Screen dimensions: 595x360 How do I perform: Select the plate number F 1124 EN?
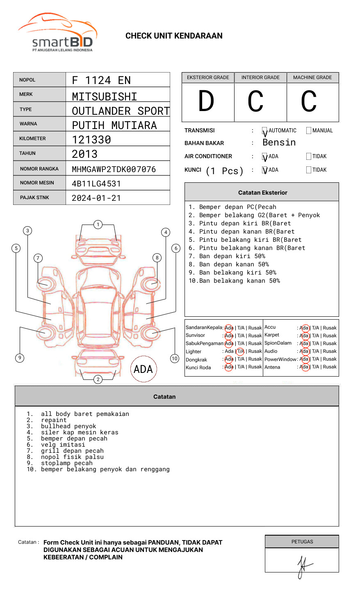pyautogui.click(x=101, y=80)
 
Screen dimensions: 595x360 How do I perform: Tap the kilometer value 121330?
pyautogui.click(x=91, y=140)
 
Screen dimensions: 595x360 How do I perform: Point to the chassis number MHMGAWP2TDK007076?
pyautogui.click(x=114, y=169)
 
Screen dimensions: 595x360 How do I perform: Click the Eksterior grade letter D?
pyautogui.click(x=206, y=101)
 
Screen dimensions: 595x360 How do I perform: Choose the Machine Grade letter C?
pyautogui.click(x=309, y=101)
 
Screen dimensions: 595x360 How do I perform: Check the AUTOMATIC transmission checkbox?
pyautogui.click(x=265, y=131)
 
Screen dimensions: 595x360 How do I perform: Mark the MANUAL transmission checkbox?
pyautogui.click(x=309, y=131)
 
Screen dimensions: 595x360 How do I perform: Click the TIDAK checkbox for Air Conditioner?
pyautogui.click(x=309, y=157)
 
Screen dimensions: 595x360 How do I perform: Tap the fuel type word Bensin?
pyautogui.click(x=279, y=143)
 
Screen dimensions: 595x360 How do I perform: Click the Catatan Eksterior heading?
pyautogui.click(x=262, y=193)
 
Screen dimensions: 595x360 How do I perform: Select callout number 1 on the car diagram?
pyautogui.click(x=98, y=225)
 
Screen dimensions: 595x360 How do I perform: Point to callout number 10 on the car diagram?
pyautogui.click(x=175, y=359)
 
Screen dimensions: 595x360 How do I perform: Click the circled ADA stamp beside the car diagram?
pyautogui.click(x=143, y=369)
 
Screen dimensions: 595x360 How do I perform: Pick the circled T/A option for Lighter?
pyautogui.click(x=240, y=351)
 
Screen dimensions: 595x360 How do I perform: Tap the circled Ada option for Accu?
pyautogui.click(x=304, y=328)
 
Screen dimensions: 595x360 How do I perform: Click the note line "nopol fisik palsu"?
pyautogui.click(x=72, y=457)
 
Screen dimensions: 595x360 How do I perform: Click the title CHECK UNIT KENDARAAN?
pyautogui.click(x=174, y=36)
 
